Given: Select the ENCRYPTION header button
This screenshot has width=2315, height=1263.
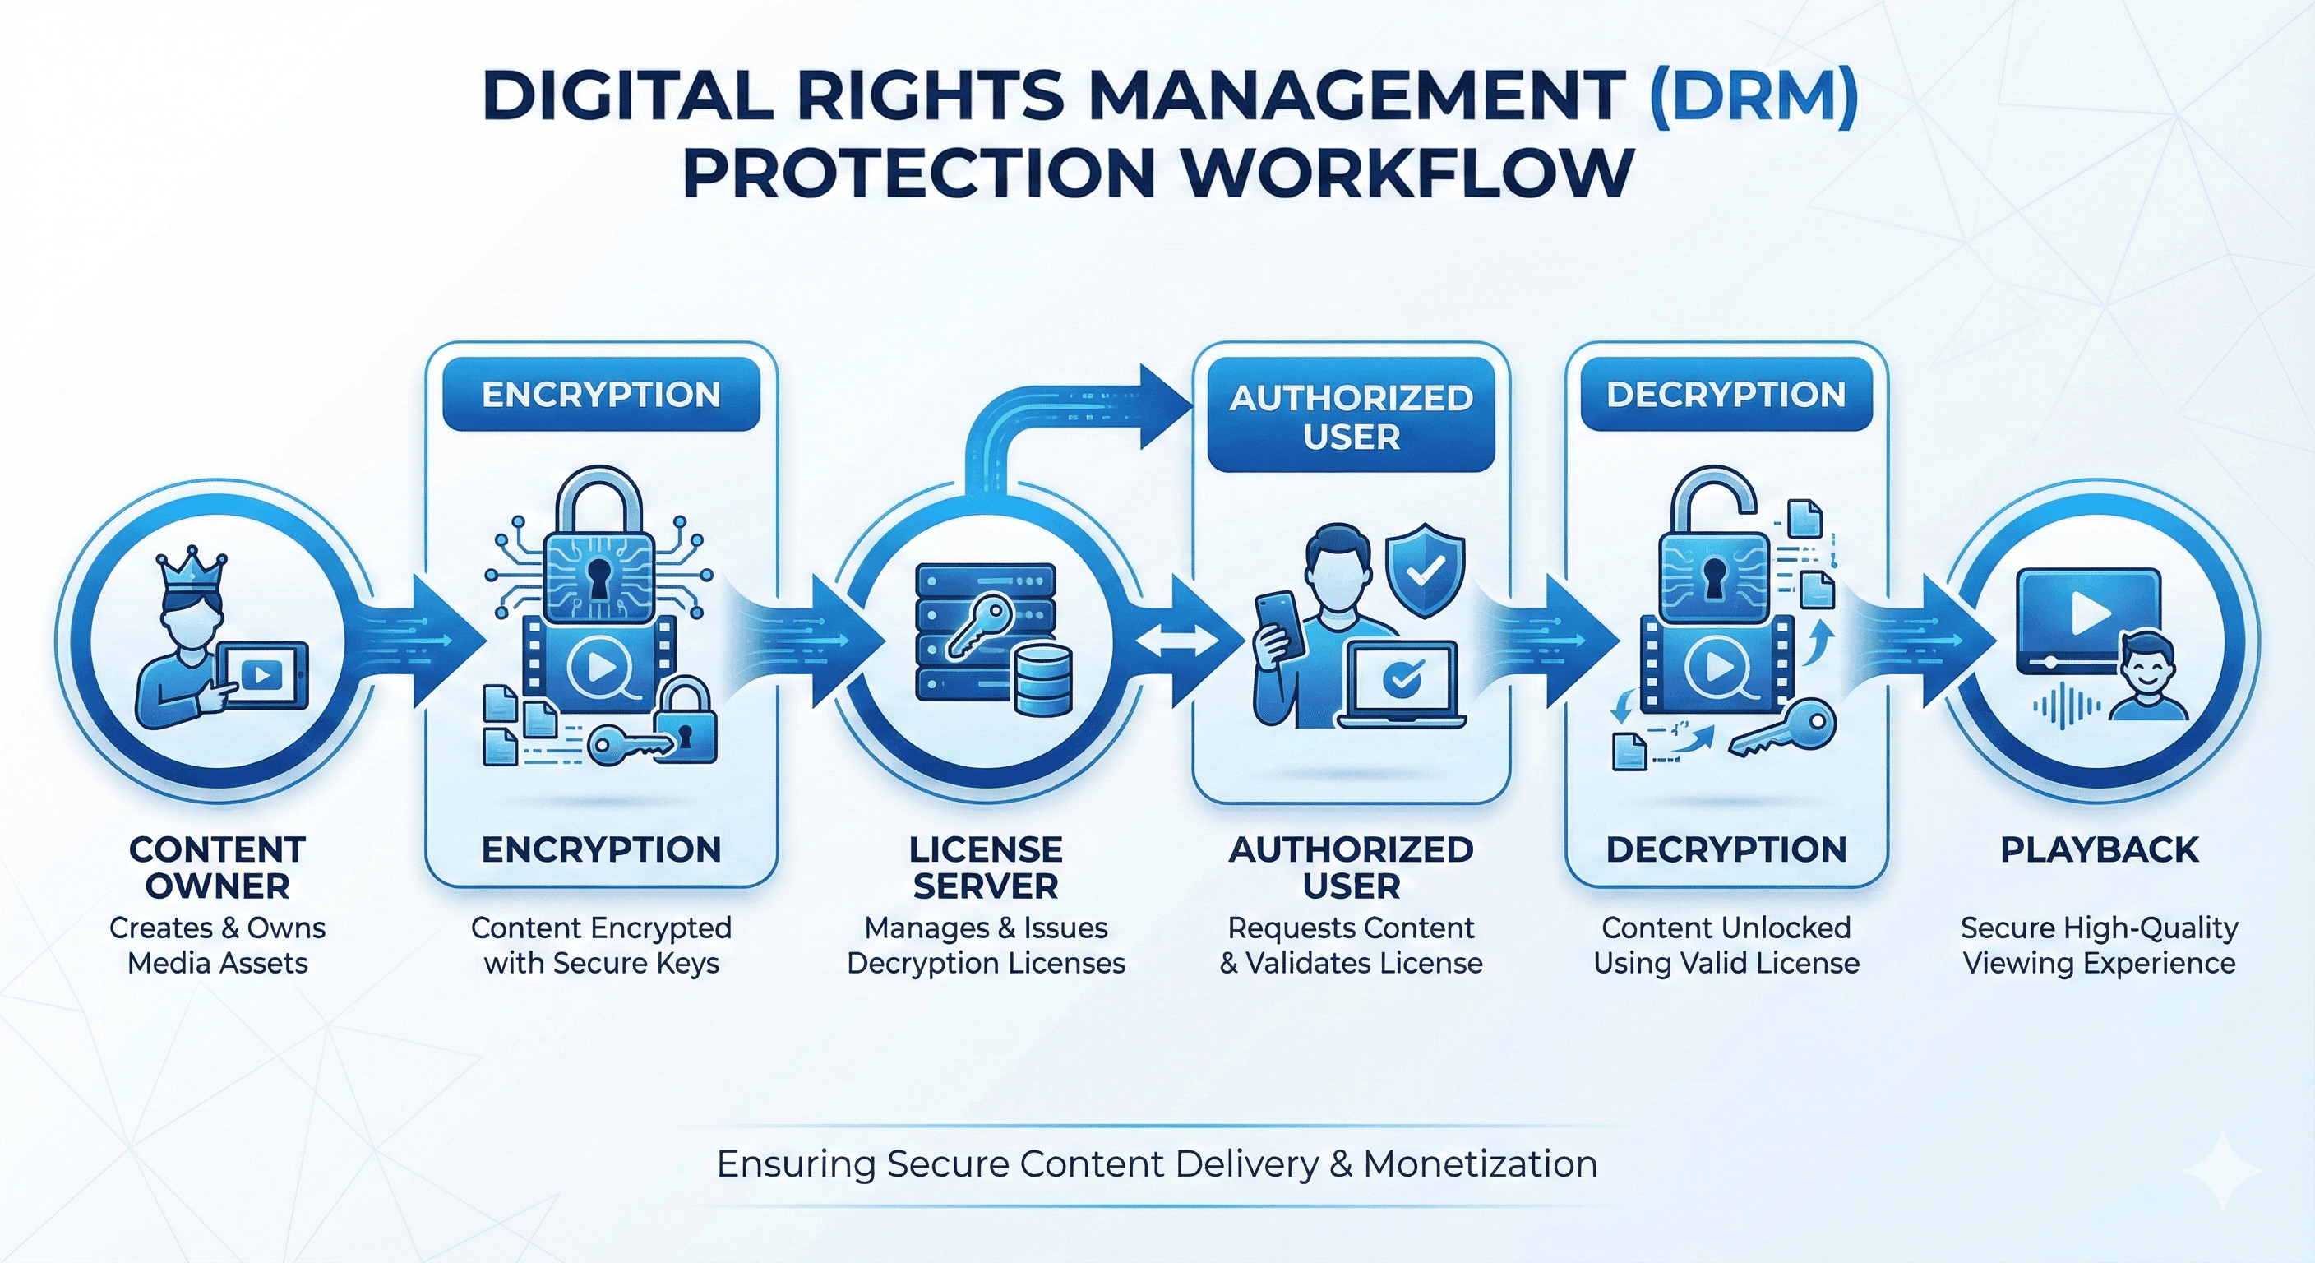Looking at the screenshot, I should click(601, 395).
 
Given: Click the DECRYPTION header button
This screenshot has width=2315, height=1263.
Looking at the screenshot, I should click(1726, 395).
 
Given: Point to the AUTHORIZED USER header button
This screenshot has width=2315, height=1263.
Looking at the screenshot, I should click(1351, 417).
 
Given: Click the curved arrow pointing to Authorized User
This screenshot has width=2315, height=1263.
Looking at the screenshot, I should click(1079, 414).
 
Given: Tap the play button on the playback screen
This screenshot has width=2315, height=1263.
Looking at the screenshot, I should click(2091, 614).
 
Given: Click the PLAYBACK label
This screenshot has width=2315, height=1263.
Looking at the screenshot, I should click(2100, 849).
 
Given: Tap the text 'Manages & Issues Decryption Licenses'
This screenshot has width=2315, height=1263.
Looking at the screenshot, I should click(986, 945).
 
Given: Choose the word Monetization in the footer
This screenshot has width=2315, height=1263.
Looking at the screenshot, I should click(1480, 1164).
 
